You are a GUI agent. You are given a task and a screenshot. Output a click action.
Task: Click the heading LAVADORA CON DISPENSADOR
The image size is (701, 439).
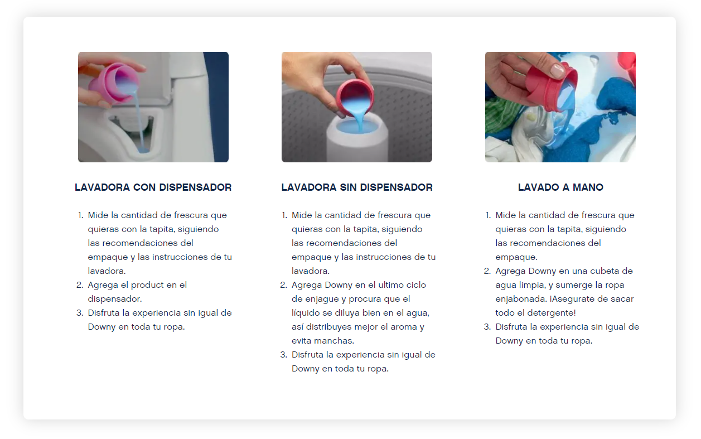pos(153,187)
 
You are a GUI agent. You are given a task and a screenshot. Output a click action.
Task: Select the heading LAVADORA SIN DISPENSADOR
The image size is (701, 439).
pos(357,187)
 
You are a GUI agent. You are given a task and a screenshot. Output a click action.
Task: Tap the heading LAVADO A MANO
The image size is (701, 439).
pos(560,187)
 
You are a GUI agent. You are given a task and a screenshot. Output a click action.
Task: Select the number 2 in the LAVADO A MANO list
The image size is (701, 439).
pos(487,271)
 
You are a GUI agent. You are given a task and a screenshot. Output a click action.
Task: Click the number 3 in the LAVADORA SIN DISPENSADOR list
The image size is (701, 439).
pos(283,355)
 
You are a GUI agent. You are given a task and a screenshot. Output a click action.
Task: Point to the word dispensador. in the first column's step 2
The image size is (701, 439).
pos(115,299)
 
